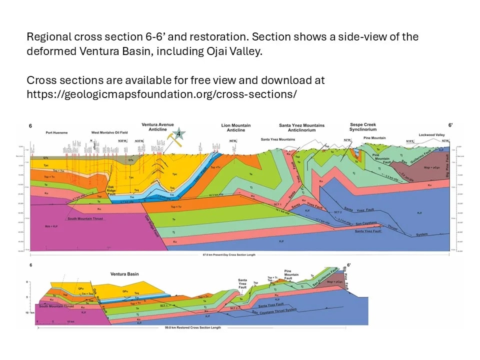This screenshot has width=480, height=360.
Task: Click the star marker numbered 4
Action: [x=179, y=133]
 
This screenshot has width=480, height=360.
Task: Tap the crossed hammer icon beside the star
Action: [x=174, y=139]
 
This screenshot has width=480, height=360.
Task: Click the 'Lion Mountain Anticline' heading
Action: [x=236, y=127]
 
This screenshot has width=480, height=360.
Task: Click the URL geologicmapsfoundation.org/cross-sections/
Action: [x=162, y=94]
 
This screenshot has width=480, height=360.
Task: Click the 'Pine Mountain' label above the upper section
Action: [x=374, y=137]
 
